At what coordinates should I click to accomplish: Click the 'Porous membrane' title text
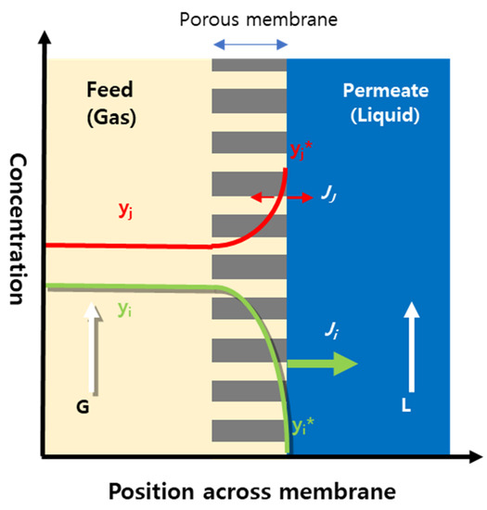[x=250, y=17]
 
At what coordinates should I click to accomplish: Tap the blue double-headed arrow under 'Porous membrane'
[x=250, y=43]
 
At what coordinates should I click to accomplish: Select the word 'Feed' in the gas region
[x=110, y=90]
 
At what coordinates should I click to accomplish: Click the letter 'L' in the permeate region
[x=408, y=406]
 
